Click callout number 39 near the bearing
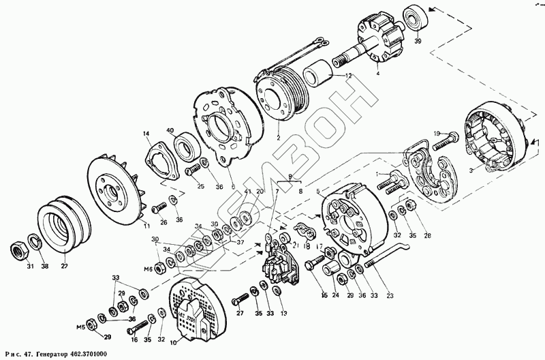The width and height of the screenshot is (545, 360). coord(417,41)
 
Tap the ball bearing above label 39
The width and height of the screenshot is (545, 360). coord(415,16)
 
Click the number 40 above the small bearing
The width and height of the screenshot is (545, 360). coord(170,131)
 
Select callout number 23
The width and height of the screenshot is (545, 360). coord(390,295)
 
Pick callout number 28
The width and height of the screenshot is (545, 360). coord(428,237)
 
